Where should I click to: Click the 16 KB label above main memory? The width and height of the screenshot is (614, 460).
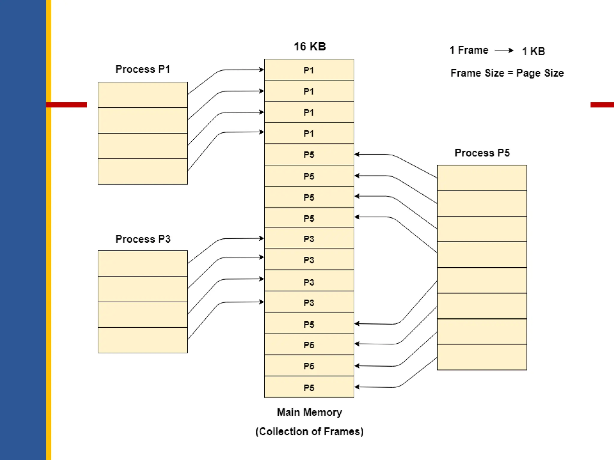pyautogui.click(x=309, y=46)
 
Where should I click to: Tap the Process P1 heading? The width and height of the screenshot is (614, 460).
pyautogui.click(x=143, y=69)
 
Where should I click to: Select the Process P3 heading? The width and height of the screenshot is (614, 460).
pyautogui.click(x=143, y=239)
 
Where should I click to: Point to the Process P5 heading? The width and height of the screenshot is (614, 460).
pyautogui.click(x=482, y=153)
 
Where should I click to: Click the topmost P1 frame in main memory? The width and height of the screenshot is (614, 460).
pyautogui.click(x=309, y=70)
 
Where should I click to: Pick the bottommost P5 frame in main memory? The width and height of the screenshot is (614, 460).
pyautogui.click(x=309, y=388)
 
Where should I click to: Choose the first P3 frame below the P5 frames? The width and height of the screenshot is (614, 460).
pyautogui.click(x=309, y=239)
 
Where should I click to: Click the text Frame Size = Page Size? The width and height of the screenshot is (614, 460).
pyautogui.click(x=507, y=73)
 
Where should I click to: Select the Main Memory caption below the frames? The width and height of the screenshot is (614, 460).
pyautogui.click(x=309, y=412)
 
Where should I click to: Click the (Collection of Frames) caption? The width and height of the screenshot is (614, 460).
pyautogui.click(x=309, y=432)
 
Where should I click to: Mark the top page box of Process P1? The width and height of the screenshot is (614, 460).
pyautogui.click(x=143, y=95)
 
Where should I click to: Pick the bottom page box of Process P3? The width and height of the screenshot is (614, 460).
pyautogui.click(x=143, y=340)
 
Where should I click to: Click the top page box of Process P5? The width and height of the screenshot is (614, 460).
pyautogui.click(x=481, y=178)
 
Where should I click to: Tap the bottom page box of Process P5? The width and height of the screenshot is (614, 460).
pyautogui.click(x=481, y=357)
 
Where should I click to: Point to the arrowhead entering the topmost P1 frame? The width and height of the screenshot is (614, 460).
pyautogui.click(x=261, y=69)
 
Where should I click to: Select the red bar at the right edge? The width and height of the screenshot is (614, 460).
pyautogui.click(x=602, y=105)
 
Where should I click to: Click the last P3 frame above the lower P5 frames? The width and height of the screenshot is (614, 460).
pyautogui.click(x=309, y=302)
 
